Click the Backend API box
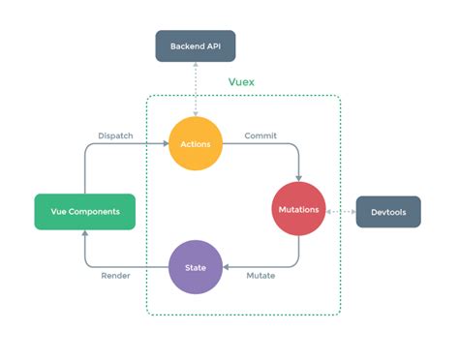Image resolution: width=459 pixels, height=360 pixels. click(196, 45)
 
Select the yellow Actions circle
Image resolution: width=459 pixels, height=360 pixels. click(196, 144)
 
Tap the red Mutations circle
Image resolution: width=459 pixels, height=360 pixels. click(299, 210)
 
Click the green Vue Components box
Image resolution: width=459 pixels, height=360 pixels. click(83, 210)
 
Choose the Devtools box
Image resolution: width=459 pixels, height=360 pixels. click(388, 211)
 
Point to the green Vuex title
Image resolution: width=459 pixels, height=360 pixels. click(243, 83)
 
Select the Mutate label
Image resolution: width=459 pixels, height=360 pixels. click(260, 276)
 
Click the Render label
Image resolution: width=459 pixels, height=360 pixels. click(115, 276)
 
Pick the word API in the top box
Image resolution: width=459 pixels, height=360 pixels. click(212, 45)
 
